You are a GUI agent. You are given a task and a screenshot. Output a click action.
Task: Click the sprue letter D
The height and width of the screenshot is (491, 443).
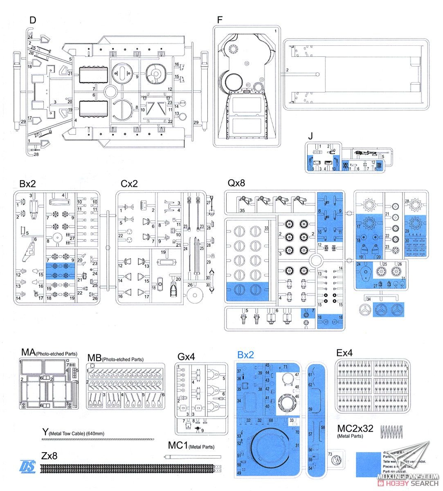tap(33, 20)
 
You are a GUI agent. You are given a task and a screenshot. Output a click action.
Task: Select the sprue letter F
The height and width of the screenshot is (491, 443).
tap(220, 20)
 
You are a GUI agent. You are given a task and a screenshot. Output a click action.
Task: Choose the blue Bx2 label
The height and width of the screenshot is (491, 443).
tap(245, 355)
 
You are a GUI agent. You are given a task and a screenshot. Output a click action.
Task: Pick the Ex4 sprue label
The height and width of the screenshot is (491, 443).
tap(344, 353)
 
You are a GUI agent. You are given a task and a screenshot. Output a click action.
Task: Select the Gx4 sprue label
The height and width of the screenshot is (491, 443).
tap(186, 356)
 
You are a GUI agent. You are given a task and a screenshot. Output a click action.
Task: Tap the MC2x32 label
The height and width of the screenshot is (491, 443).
tap(355, 428)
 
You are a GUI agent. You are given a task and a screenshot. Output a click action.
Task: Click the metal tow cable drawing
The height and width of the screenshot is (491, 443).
tap(98, 439)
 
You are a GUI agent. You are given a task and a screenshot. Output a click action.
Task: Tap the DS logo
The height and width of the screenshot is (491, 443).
tap(28, 466)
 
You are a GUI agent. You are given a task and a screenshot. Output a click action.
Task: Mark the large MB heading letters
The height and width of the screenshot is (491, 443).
tap(94, 358)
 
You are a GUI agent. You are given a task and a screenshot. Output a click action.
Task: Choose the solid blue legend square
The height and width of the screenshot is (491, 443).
tap(369, 464)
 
